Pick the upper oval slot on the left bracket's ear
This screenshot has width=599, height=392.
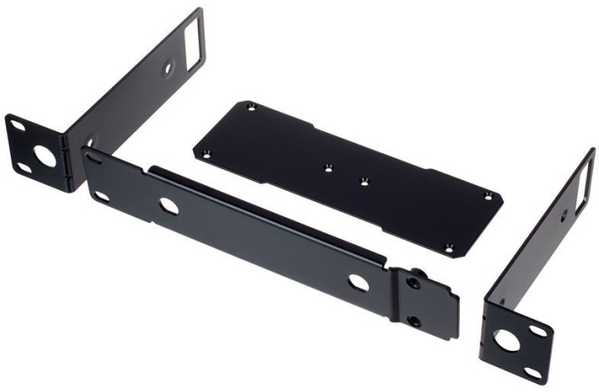pyautogui.click(x=19, y=125)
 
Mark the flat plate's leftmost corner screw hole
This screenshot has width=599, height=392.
pyautogui.click(x=207, y=151)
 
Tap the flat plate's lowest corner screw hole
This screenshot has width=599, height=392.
pyautogui.click(x=450, y=249)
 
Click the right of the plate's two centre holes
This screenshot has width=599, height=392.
pyautogui.click(x=363, y=181)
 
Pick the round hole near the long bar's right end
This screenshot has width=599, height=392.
pyautogui.click(x=357, y=282)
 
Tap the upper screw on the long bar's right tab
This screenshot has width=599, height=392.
pyautogui.click(x=412, y=282)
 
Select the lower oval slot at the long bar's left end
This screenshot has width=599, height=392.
pyautogui.click(x=100, y=196)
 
